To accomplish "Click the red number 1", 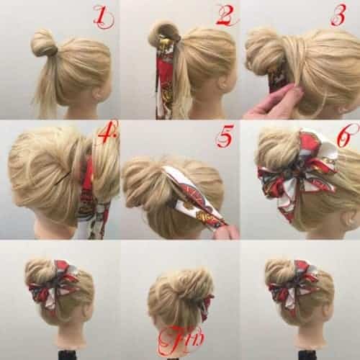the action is (x=104, y=17).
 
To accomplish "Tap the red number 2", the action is (x=227, y=15).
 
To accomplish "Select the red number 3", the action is (x=339, y=15).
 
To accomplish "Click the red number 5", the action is (x=225, y=136).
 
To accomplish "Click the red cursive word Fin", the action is (x=181, y=338).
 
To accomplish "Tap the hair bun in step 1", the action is (x=43, y=43).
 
